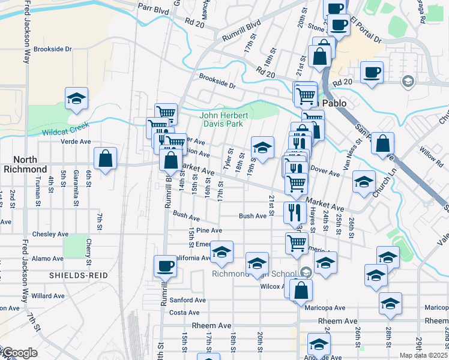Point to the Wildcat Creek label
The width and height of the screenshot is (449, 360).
pos(65,128)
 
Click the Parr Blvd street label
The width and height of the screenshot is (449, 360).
pos(153,7)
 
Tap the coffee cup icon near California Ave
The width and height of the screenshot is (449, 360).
pos(165,265)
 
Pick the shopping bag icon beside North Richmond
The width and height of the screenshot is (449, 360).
pos(106,159)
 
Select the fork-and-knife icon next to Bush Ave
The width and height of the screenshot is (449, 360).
pos(295,212)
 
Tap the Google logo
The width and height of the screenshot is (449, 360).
pos(19,353)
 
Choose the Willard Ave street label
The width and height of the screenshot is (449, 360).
pos(48,296)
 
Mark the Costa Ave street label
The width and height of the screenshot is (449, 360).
pos(184,313)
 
